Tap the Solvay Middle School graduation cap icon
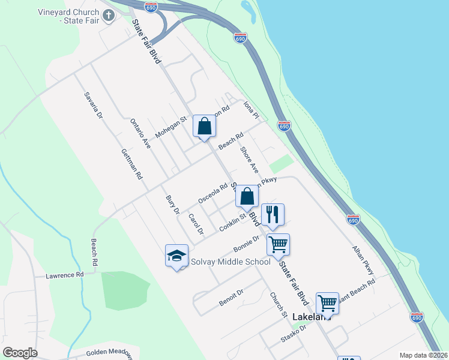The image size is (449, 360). pos(177,256)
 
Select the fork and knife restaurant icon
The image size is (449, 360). pos(273,215)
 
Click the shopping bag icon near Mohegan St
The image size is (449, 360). pos(204,126)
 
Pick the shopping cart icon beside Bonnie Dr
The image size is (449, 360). pos(278,245)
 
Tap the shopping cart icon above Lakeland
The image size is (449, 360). pos(327,303)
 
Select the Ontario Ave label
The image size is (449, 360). pos(140,133)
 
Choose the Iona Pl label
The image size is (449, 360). pos(251,109)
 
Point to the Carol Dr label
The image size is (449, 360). pos(196,224)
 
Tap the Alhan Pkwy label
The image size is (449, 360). pos(363,256)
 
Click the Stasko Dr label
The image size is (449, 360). pos(294,334)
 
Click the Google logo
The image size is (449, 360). pos(20,353)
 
